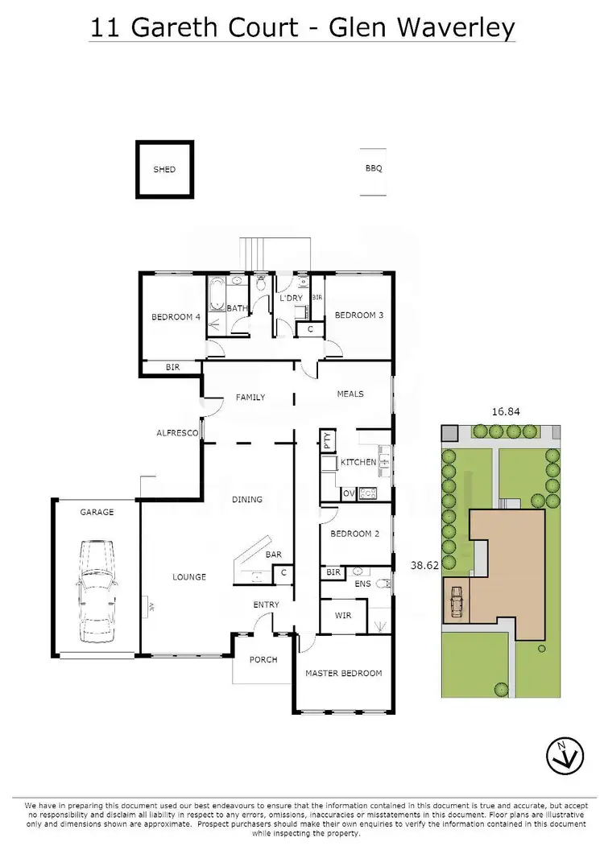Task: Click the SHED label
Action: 164,170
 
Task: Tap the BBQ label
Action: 373,169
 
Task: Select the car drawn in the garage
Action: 96,592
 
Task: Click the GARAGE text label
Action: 97,512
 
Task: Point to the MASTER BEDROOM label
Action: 343,673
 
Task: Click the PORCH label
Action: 263,660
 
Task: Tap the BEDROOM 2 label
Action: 354,534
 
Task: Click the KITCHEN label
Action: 358,462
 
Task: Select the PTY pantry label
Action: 328,440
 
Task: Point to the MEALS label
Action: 350,394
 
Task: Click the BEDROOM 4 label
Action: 176,317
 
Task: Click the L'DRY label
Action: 290,299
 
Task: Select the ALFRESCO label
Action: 177,433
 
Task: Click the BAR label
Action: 273,555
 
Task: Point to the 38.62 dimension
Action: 425,566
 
